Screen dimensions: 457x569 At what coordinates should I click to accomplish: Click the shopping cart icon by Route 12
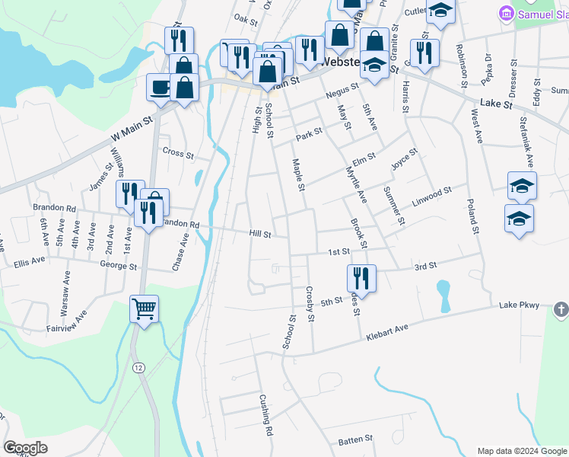tap(144, 309)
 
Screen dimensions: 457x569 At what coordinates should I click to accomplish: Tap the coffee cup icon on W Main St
tap(160, 87)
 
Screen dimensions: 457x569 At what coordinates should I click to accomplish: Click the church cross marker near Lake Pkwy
tap(561, 309)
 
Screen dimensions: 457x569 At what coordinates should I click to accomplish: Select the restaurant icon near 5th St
tap(361, 277)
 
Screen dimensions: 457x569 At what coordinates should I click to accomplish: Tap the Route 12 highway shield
tap(136, 367)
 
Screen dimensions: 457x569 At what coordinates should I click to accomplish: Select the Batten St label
tap(355, 439)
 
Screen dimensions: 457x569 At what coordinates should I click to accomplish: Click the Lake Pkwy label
tap(519, 305)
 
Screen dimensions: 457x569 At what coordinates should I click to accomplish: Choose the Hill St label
tap(260, 235)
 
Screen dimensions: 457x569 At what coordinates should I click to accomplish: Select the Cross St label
tap(179, 152)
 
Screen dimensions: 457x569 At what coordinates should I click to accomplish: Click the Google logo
tap(26, 448)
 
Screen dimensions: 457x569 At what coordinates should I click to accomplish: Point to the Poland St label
tap(472, 218)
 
